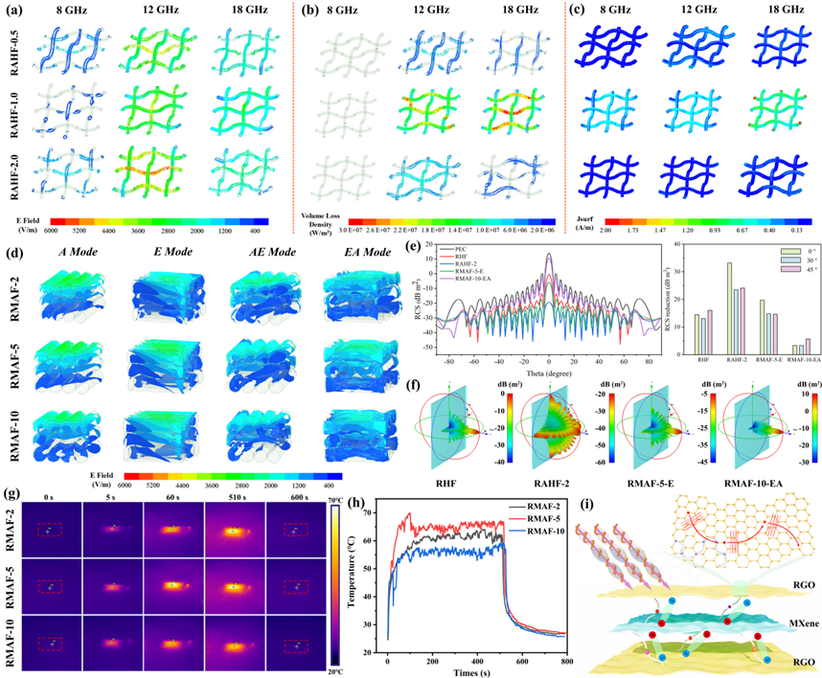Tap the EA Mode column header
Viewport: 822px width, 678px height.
pyautogui.click(x=355, y=255)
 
